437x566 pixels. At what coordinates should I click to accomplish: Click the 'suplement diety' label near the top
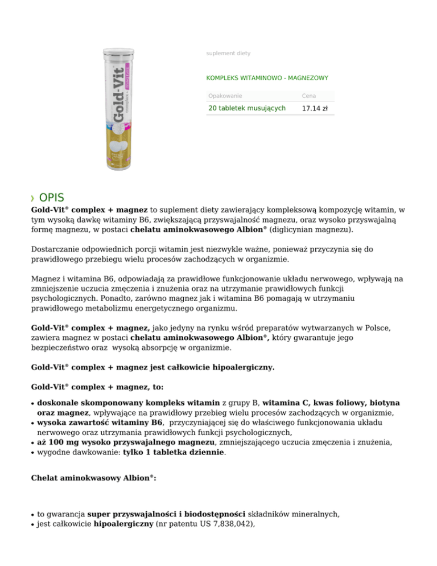(x=228, y=54)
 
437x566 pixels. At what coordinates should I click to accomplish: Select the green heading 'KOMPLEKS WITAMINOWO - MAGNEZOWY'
(x=267, y=78)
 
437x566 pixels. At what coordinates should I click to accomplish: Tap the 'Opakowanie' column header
(x=225, y=96)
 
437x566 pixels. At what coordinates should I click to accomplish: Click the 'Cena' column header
(x=309, y=96)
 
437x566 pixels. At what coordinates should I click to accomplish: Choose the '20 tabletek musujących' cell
(x=247, y=108)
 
